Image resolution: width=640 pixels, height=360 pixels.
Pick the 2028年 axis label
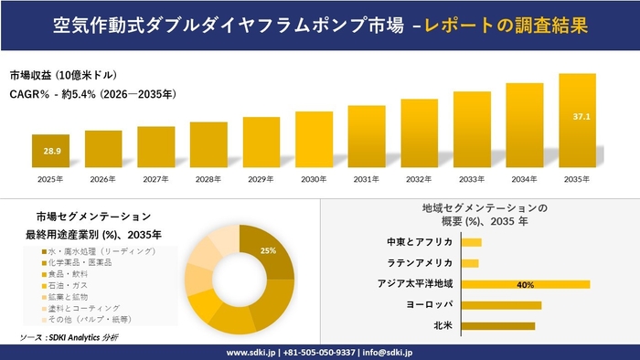(x=208, y=179)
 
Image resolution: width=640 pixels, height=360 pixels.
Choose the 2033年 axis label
(x=471, y=179)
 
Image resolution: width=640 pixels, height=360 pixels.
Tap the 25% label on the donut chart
(x=268, y=250)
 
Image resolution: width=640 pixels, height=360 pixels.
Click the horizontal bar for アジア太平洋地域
(x=525, y=284)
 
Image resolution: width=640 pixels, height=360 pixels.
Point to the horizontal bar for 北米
(x=497, y=325)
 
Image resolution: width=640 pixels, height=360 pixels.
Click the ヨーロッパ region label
(x=430, y=305)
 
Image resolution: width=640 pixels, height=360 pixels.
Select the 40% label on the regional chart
(x=525, y=285)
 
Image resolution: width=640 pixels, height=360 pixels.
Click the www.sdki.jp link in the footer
(x=253, y=352)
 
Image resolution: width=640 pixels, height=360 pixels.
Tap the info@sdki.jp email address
(x=387, y=352)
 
